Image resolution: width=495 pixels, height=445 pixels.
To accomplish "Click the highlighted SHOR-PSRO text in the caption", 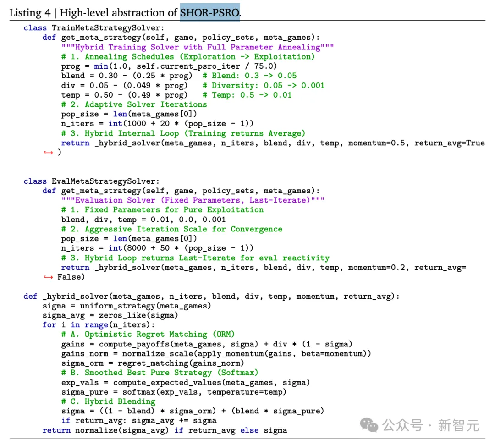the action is coord(210,13).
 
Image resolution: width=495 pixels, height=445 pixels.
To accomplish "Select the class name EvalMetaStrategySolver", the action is coord(104,181).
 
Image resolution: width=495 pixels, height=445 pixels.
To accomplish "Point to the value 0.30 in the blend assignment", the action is coord(108,76).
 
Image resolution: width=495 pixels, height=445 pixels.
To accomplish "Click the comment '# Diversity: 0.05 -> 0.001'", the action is coord(263,86).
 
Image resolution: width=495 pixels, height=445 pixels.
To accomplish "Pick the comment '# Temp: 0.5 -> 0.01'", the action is coord(247,95).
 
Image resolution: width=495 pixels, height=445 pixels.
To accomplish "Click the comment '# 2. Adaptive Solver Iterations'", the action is coord(134,104).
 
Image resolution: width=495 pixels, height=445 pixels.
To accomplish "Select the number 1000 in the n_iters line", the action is coord(137,123).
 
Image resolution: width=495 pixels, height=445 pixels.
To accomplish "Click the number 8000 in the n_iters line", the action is coord(137,248).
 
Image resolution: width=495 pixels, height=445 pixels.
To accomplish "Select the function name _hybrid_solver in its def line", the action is coord(76,297).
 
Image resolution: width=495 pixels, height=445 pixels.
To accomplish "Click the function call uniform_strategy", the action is coord(118,306).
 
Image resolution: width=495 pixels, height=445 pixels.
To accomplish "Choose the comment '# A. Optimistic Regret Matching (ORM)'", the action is coord(148,334).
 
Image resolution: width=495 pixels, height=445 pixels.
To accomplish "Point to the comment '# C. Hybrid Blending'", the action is coord(108,401).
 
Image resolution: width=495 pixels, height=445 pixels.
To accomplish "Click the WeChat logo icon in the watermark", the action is coord(369,425).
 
